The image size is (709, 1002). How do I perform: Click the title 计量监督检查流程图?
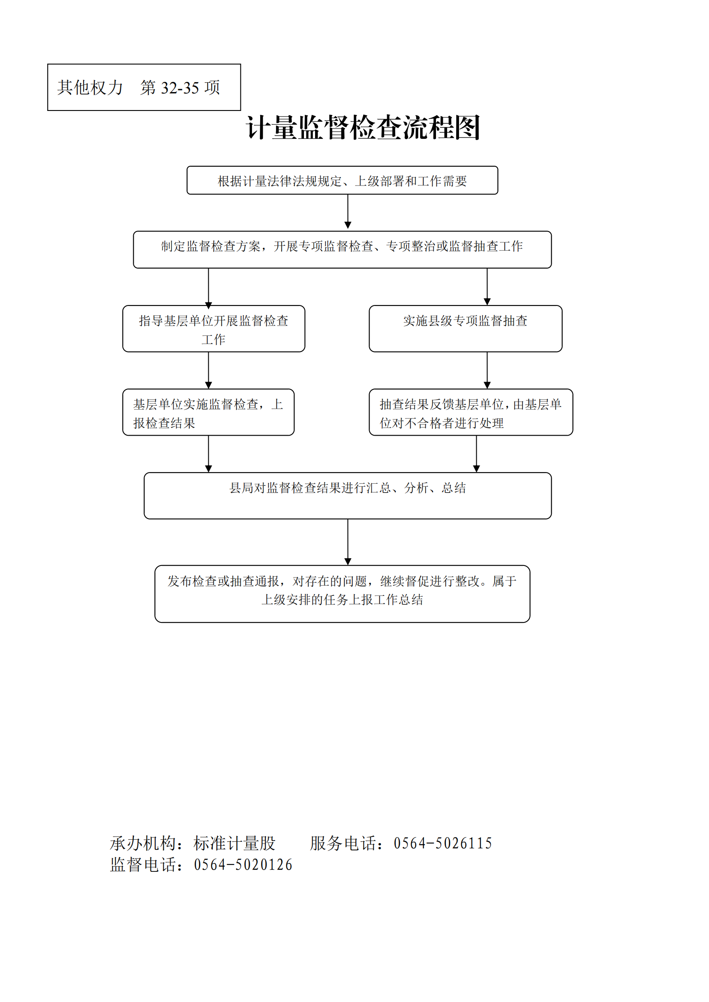coord(363,128)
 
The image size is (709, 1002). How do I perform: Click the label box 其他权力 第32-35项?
coord(144,87)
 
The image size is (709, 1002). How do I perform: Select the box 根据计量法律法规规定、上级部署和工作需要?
coord(342,180)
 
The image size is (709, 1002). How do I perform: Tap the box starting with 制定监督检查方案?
coord(342,250)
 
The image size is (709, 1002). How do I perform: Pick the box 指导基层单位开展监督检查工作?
coord(214,329)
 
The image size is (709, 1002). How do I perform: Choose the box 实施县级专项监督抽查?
coord(466,329)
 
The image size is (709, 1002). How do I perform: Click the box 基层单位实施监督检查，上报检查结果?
coord(208,412)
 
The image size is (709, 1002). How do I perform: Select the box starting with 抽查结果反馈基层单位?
coord(471,412)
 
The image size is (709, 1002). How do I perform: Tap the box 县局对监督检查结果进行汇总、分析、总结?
coord(348,496)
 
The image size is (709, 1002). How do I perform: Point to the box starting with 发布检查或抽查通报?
coord(342,594)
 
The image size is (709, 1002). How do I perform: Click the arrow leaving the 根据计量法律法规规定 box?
coord(348,212)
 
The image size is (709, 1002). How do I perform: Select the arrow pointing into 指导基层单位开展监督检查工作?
coord(209,288)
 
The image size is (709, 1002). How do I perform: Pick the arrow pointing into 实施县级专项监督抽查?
coord(487,287)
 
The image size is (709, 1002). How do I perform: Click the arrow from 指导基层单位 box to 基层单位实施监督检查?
coord(209,370)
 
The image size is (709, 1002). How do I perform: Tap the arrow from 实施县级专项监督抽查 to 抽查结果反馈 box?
coord(487,370)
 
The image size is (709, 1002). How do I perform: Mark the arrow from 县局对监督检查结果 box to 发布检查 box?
coord(348,542)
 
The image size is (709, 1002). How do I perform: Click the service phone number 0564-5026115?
coord(443,843)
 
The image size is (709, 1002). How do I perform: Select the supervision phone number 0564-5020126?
coord(243,864)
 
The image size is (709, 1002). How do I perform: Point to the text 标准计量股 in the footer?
coord(234,843)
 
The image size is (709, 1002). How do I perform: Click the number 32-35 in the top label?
coord(180,88)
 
